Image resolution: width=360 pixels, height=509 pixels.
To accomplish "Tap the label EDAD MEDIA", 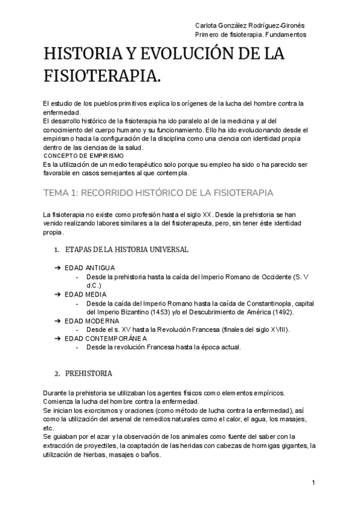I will (86, 295).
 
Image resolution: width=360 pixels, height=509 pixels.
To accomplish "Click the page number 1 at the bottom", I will (314, 483).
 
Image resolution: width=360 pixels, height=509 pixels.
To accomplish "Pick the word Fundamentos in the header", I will (286, 34).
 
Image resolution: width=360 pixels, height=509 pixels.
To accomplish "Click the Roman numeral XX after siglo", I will (206, 214).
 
